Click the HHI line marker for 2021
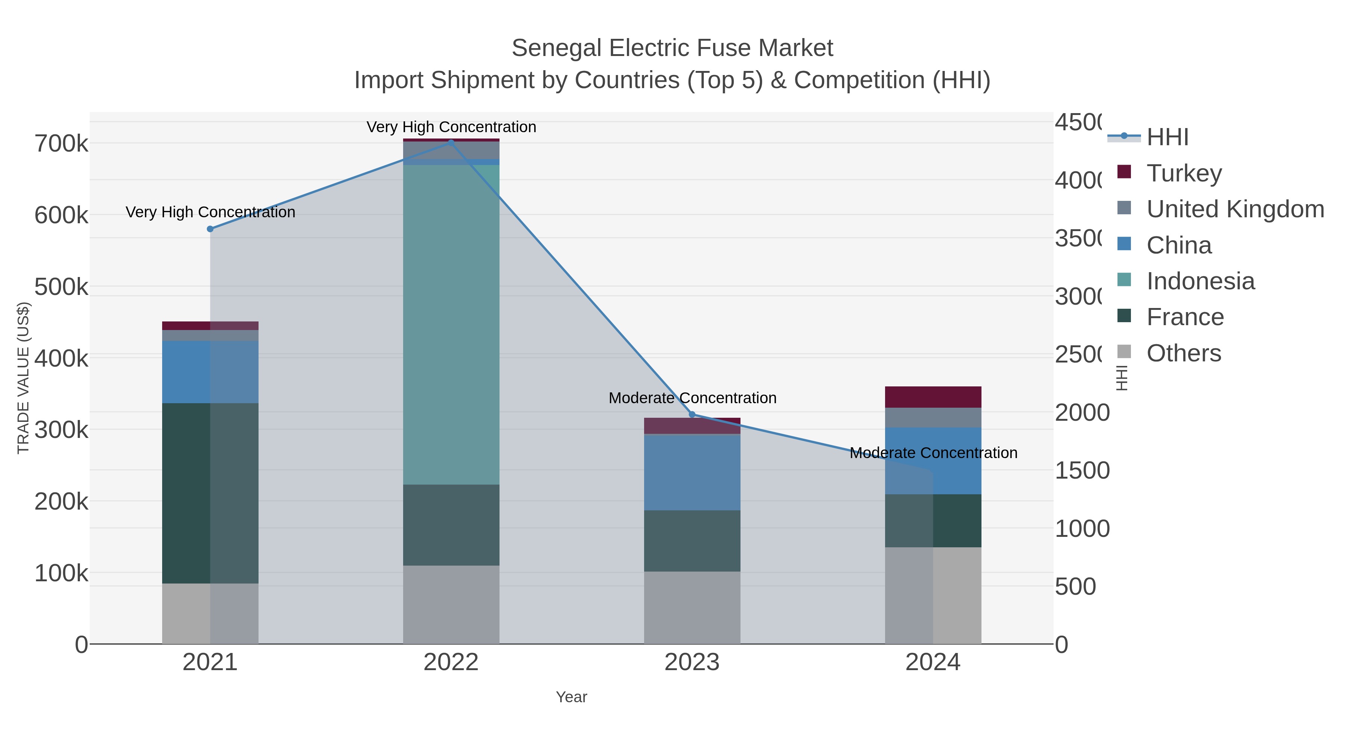click(x=210, y=229)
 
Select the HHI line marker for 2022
click(x=451, y=143)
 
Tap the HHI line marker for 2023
click(x=692, y=415)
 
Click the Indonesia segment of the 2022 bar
click(x=451, y=323)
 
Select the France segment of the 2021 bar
click(x=210, y=493)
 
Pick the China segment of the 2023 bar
click(x=692, y=472)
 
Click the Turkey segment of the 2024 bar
click(x=933, y=397)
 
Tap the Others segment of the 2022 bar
click(x=451, y=604)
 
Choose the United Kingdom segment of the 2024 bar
click(x=933, y=417)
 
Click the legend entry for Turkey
click(x=1184, y=173)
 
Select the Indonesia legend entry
click(x=1200, y=281)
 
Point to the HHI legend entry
click(x=1168, y=137)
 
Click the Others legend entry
click(x=1183, y=353)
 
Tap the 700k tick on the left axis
click(x=61, y=143)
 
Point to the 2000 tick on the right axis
click(x=1082, y=412)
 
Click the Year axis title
click(x=571, y=697)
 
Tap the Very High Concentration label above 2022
click(x=451, y=127)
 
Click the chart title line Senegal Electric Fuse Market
click(x=672, y=48)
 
